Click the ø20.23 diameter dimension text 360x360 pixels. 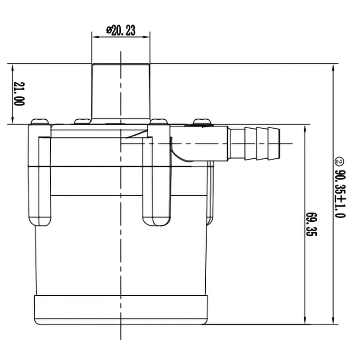click(121, 31)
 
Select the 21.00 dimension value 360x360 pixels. click(19, 94)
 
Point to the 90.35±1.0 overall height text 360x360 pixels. click(340, 193)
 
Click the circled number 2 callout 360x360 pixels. click(339, 161)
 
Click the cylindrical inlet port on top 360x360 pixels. click(121, 91)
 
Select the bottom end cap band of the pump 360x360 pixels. click(121, 310)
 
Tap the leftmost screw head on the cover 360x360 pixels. click(39, 122)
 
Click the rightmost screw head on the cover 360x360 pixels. click(202, 122)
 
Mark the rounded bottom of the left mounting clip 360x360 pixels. click(40, 221)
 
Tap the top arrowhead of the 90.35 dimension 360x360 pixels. click(333, 67)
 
